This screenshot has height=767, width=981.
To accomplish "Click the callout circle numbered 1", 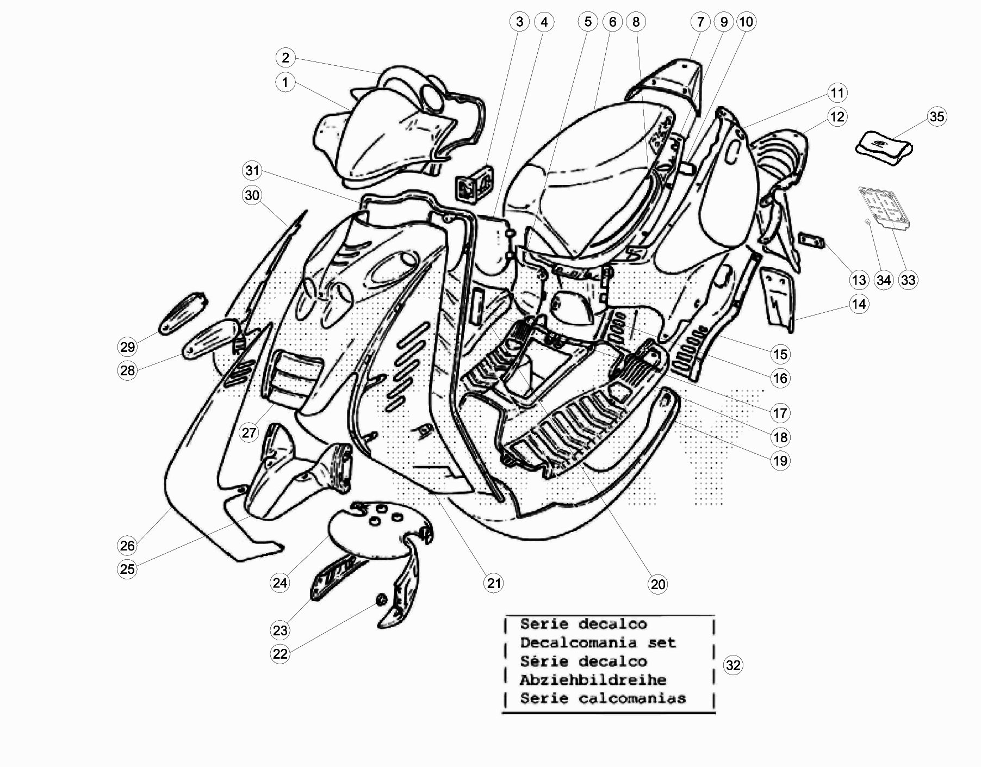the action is (x=285, y=83).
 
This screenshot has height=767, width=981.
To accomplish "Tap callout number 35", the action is (x=936, y=116).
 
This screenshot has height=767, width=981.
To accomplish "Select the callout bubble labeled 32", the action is (x=733, y=665).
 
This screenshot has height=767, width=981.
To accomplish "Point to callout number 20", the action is (x=657, y=584).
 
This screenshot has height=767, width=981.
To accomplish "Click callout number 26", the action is (x=127, y=546).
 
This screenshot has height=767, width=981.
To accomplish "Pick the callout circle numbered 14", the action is (x=859, y=304).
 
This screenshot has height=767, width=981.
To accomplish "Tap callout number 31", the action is (x=252, y=171).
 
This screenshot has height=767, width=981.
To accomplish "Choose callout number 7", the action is (x=700, y=22).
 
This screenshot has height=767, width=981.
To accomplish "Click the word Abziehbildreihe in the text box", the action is (x=593, y=680).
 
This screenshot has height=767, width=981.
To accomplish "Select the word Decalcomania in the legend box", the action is (x=578, y=642).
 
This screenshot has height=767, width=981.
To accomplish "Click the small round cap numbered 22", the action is (x=381, y=600).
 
